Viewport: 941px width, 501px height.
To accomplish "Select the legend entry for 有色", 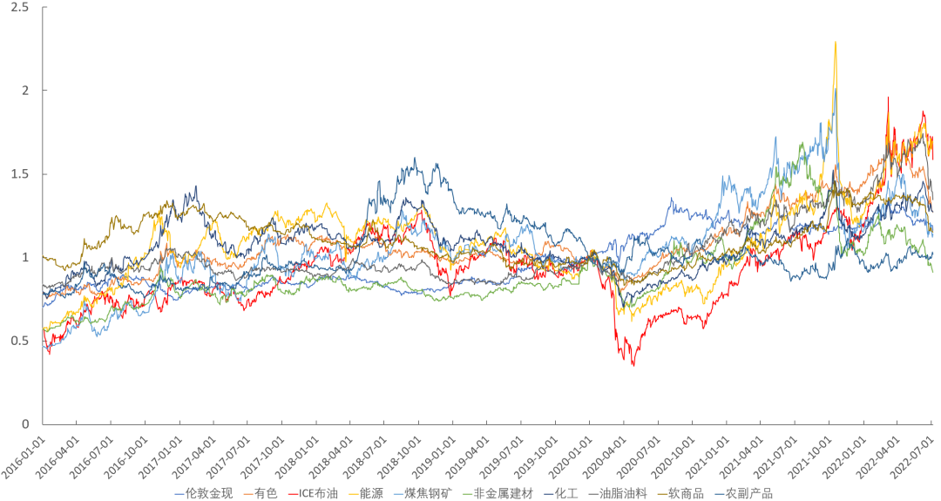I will pyautogui.click(x=266, y=494).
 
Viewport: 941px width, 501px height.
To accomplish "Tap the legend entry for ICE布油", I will pyautogui.click(x=319, y=494).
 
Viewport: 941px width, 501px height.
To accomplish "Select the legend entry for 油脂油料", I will pyautogui.click(x=623, y=494).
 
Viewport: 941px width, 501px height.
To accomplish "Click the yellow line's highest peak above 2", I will pyautogui.click(x=836, y=42).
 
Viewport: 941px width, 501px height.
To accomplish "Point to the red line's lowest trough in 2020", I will pyautogui.click(x=633, y=364).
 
